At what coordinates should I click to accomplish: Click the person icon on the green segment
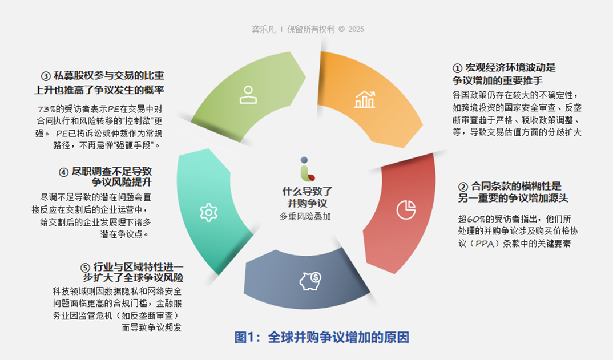click(x=248, y=95)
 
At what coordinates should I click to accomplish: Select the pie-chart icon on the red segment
click(x=406, y=209)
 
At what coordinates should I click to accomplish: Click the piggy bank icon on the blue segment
click(x=310, y=280)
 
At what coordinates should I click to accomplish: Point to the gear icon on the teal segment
click(x=208, y=212)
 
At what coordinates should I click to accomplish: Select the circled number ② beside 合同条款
click(x=463, y=187)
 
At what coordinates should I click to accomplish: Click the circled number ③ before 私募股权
click(x=46, y=76)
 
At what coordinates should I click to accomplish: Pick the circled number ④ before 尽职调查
click(x=63, y=172)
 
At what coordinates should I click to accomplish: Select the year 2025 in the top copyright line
click(x=356, y=29)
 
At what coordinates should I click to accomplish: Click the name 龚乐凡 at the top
click(x=263, y=29)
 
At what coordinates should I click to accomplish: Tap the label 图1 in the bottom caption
click(x=247, y=337)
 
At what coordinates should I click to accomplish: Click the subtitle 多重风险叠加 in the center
click(x=305, y=217)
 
